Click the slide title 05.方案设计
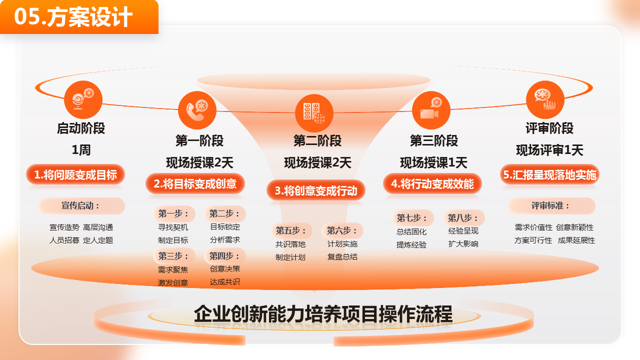click(73, 17)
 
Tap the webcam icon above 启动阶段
click(83, 99)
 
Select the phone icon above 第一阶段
click(197, 110)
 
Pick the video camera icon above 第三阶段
click(431, 110)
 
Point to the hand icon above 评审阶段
click(545, 99)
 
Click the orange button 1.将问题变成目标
click(75, 174)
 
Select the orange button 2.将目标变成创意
click(195, 183)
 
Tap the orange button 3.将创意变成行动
click(316, 190)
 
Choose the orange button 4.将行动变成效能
click(432, 183)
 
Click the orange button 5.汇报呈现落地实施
click(549, 174)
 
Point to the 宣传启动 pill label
click(81, 205)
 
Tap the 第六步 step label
click(342, 230)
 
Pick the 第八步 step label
click(463, 218)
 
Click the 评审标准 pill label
click(551, 205)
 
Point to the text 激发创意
click(173, 282)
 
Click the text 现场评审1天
click(549, 150)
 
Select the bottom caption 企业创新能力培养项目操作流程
click(323, 314)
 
